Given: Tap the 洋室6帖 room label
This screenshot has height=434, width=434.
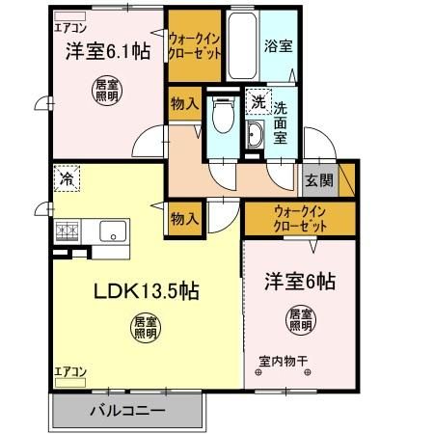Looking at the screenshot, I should coord(300,283).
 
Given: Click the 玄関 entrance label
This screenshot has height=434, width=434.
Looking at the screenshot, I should coord(318,180).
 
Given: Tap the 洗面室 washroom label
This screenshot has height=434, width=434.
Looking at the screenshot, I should coord(279,123).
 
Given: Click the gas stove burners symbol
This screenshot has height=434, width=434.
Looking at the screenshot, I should coord(68,231).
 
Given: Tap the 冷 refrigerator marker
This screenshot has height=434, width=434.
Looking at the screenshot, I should coord(67,178).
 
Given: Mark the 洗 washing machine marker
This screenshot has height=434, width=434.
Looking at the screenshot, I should coord(258,101).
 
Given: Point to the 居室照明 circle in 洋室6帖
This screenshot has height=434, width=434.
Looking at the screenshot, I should coord(299,319).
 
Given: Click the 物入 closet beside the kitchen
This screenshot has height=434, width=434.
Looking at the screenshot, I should coord(183,219).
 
